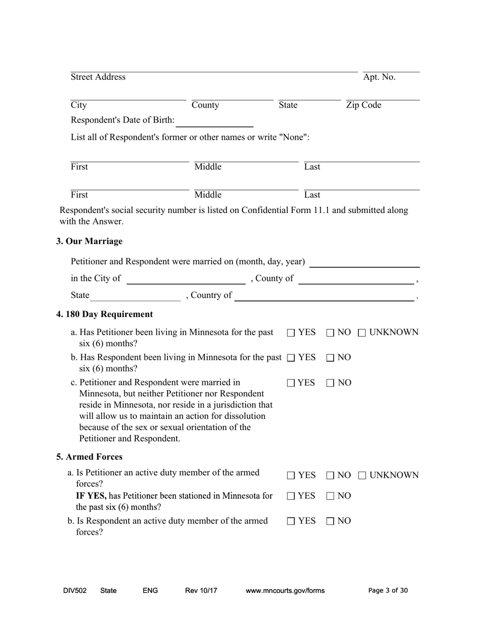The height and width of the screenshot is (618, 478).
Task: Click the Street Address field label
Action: click(x=98, y=77)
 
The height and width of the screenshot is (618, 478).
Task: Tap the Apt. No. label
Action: click(x=379, y=77)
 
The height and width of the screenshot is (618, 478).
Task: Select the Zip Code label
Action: click(x=363, y=105)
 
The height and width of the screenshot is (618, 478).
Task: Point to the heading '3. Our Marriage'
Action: click(x=89, y=241)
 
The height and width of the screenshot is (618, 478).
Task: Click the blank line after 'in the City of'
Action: click(x=186, y=279)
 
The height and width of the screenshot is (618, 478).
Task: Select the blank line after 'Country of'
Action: click(x=325, y=296)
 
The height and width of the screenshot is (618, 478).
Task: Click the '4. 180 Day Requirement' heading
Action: click(x=105, y=315)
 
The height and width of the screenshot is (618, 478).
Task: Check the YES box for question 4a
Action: click(x=291, y=333)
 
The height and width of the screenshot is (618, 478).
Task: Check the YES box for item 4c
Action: click(x=291, y=383)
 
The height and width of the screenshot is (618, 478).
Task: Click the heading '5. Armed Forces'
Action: click(x=89, y=457)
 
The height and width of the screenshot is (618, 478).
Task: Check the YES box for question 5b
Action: click(x=291, y=522)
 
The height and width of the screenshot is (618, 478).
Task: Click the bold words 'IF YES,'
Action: click(x=91, y=496)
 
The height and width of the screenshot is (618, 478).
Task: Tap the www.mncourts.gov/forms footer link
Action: click(x=285, y=591)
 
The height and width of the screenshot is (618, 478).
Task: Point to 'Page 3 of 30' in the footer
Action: click(x=388, y=591)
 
